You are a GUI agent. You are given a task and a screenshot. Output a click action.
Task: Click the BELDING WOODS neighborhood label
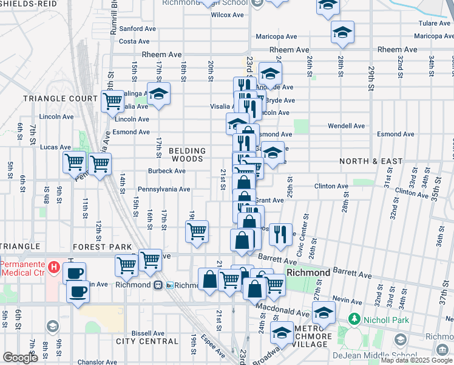(187, 155)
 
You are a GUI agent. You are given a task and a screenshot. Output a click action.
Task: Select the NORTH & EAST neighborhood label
(371, 161)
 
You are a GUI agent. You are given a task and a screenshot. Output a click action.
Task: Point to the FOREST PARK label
(102, 247)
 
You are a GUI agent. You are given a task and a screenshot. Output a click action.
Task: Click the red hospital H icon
(53, 267)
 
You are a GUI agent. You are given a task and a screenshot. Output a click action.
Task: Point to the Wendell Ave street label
(346, 126)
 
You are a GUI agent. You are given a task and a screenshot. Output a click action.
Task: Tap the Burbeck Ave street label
(166, 171)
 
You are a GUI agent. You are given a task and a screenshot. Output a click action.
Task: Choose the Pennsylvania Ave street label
(164, 189)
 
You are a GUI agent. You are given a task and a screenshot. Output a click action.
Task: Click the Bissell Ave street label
(148, 333)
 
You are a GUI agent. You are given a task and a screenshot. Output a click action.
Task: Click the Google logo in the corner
(20, 358)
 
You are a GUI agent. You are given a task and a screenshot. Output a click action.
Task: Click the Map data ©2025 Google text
(416, 360)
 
